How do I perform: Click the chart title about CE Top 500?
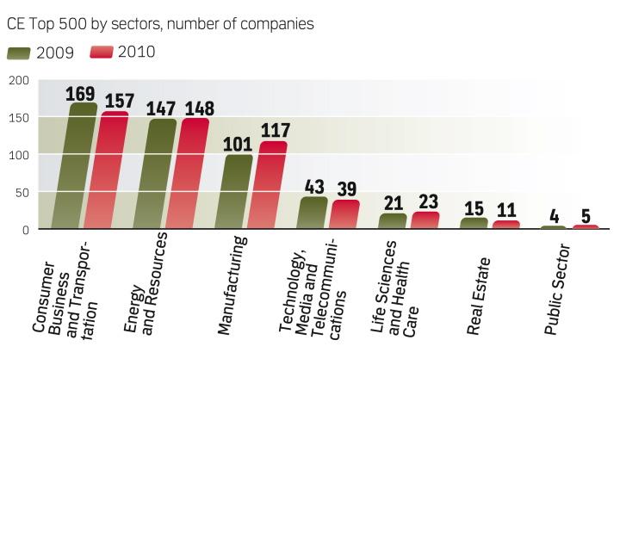point(160,23)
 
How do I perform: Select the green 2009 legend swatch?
point(18,53)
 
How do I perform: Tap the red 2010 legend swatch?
point(101,53)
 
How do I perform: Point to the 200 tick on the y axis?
point(19,80)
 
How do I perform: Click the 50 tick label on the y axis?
point(22,192)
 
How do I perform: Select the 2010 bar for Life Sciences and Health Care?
point(425,220)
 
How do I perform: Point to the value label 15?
point(474,209)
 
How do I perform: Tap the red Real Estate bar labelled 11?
point(506,225)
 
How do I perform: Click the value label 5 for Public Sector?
point(586,216)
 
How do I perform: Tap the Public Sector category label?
point(557,294)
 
